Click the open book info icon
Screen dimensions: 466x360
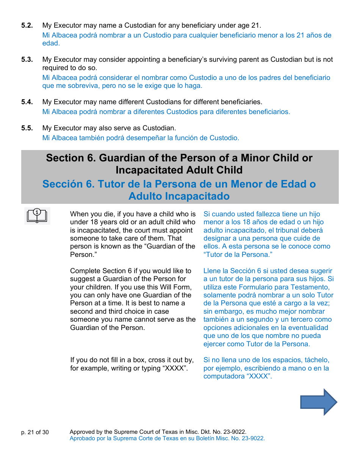point(37,216)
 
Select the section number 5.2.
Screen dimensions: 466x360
point(27,26)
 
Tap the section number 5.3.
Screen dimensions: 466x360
point(27,59)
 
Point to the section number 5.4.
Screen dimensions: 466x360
point(27,102)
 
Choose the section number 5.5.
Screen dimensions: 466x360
point(27,128)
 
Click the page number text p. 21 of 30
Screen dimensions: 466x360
point(35,432)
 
